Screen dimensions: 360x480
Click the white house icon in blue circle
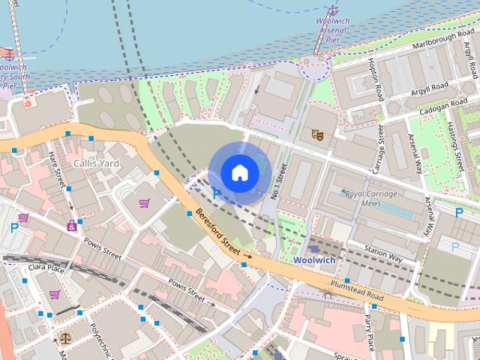coord(239,172)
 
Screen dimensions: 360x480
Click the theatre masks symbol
coord(318,135)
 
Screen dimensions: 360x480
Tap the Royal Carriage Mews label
coord(373,198)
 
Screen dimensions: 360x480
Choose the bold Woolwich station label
coord(314,259)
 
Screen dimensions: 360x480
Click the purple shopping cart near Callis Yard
coord(144,202)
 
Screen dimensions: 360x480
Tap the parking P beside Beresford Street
coord(217,193)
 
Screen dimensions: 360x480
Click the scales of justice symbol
coord(65,339)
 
